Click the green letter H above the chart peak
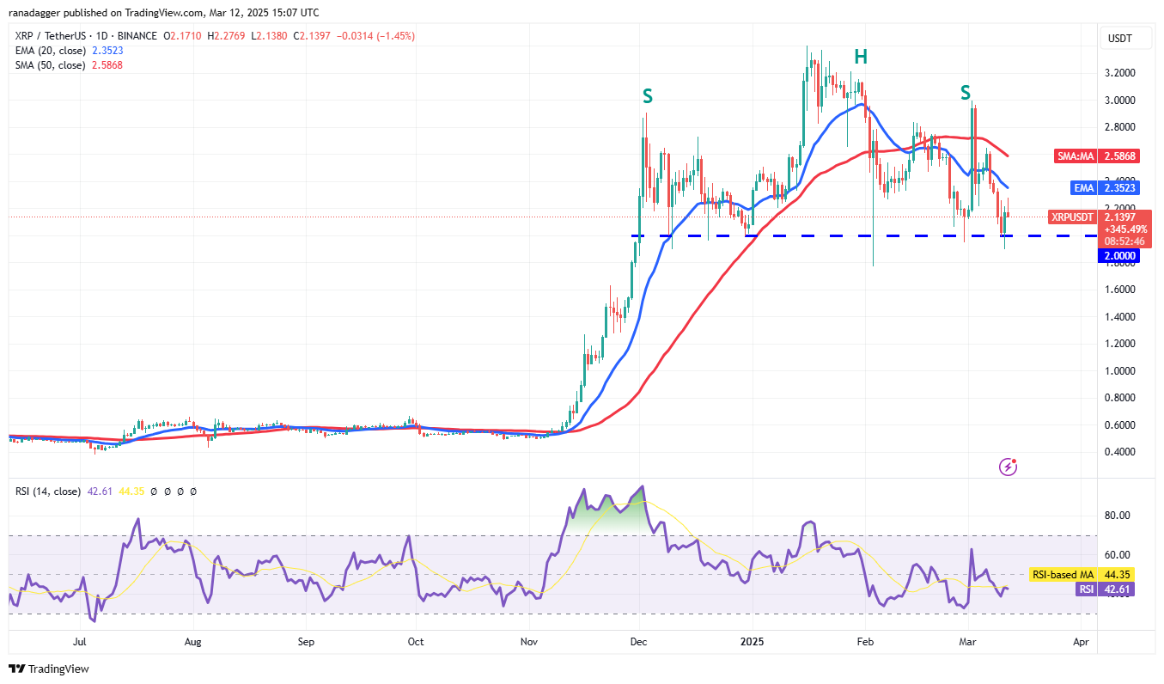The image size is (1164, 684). [x=860, y=57]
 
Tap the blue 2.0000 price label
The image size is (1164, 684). [x=1118, y=255]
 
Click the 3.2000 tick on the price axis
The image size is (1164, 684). [x=1118, y=73]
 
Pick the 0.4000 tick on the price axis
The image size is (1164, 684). [x=1118, y=452]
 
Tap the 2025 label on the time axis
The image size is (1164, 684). [x=752, y=642]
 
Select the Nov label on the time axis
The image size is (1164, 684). [x=529, y=642]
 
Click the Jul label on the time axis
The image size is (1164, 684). [x=79, y=642]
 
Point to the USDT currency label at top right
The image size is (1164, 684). [x=1120, y=39]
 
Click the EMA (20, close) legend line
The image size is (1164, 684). [x=50, y=51]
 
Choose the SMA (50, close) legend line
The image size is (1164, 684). [x=50, y=65]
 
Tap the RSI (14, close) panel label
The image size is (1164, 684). [x=47, y=492]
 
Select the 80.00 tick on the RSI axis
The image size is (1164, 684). [x=1117, y=516]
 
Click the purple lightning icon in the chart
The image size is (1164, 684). [x=1009, y=467]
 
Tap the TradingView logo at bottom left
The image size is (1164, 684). [x=49, y=669]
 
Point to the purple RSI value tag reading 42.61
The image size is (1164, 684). [x=1118, y=589]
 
